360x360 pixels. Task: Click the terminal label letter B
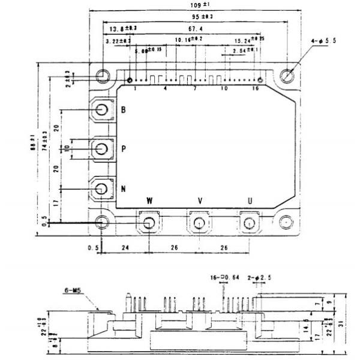coord(124,110)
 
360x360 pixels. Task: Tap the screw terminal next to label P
coord(102,148)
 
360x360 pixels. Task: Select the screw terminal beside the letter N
coord(102,188)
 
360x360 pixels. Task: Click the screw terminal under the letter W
coord(148,223)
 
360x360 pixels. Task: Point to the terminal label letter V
coord(200,202)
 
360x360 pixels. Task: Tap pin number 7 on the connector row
coord(195,88)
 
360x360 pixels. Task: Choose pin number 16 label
coord(256,88)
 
